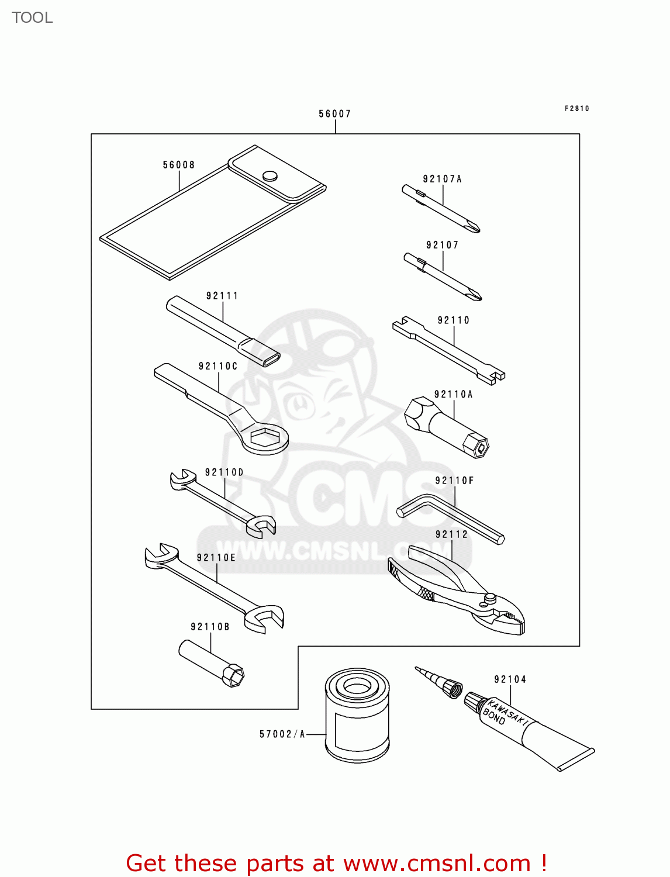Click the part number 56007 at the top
[334, 114]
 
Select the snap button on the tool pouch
[270, 175]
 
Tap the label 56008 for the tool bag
[179, 165]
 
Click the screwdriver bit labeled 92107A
[441, 209]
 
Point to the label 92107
[443, 246]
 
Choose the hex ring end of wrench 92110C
[264, 437]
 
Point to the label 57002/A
[282, 734]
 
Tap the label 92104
[510, 679]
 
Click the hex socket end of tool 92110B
[234, 676]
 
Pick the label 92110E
[216, 558]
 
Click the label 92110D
[225, 472]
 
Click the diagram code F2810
[577, 109]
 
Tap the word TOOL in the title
[32, 18]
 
